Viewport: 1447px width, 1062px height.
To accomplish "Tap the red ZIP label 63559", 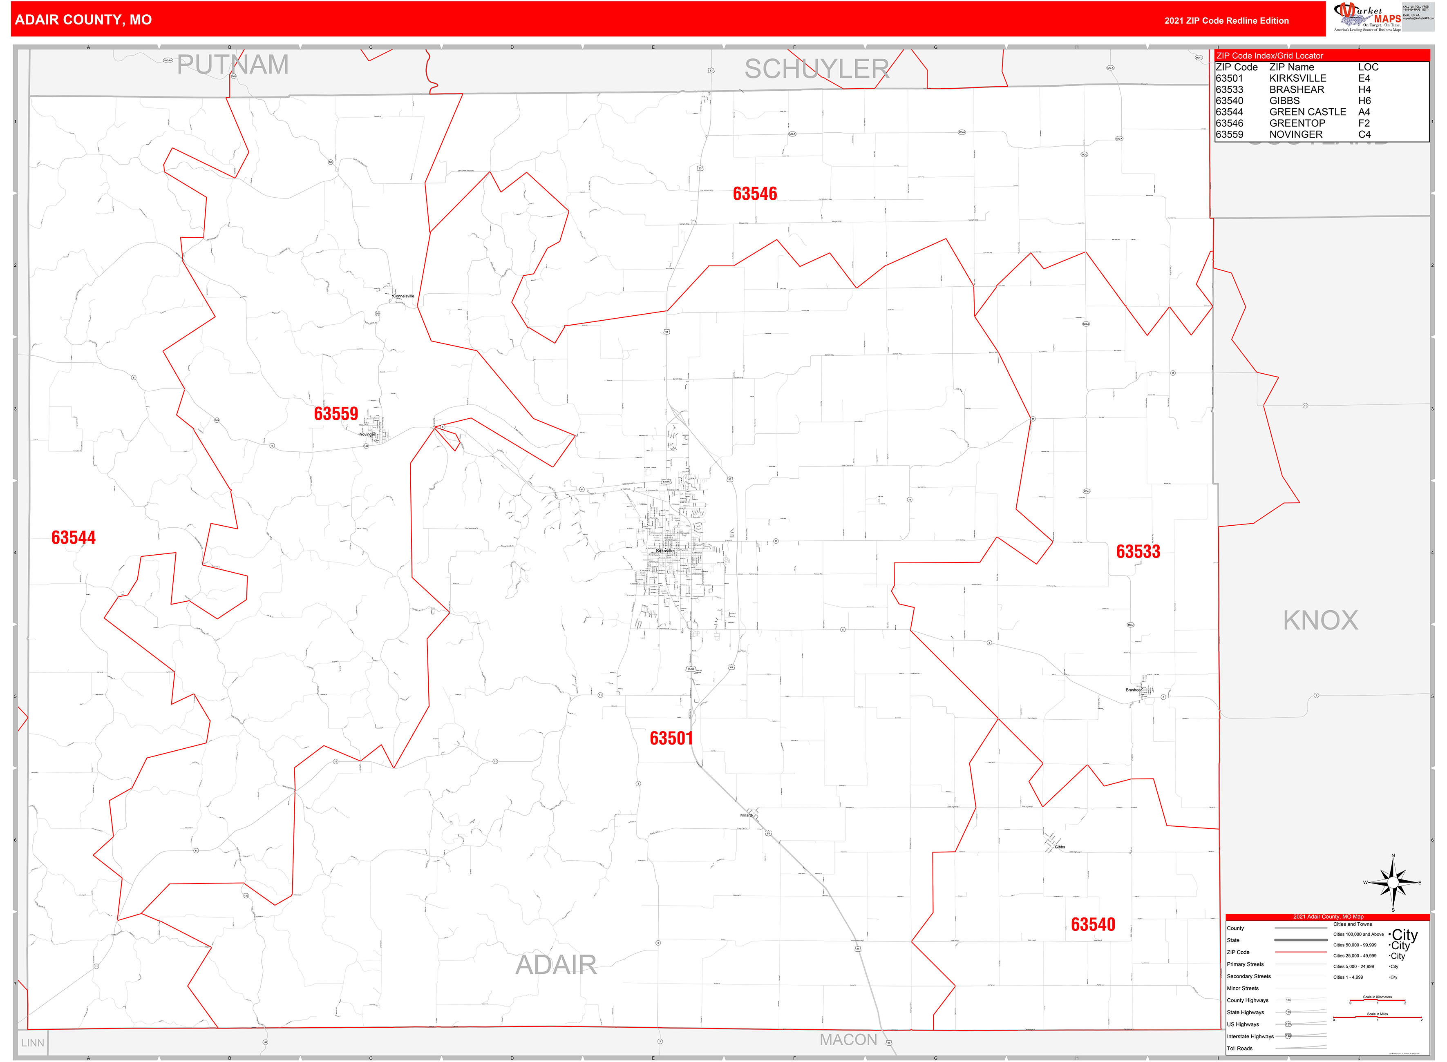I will point(336,413).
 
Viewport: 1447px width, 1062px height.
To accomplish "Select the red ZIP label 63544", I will point(73,538).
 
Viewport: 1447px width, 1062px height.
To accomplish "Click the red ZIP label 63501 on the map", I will point(671,738).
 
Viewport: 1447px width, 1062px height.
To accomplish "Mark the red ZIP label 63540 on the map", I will point(1093,924).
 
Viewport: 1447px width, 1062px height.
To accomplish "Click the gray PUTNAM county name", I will point(233,65).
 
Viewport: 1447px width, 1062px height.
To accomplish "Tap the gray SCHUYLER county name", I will point(817,69).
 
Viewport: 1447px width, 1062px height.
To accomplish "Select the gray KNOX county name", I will point(1320,620).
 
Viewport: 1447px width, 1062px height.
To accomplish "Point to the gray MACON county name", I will point(848,1040).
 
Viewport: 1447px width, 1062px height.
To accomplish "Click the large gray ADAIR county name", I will point(556,965).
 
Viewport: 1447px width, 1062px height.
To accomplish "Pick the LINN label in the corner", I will point(33,1043).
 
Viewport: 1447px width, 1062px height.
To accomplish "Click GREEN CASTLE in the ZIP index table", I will point(1307,112).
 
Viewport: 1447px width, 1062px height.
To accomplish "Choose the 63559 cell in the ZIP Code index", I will point(1229,134).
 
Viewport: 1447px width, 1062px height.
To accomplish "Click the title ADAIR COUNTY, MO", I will point(84,20).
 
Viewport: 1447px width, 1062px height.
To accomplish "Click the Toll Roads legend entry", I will point(1239,1049).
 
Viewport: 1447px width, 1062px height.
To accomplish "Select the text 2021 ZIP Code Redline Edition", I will point(1226,20).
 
